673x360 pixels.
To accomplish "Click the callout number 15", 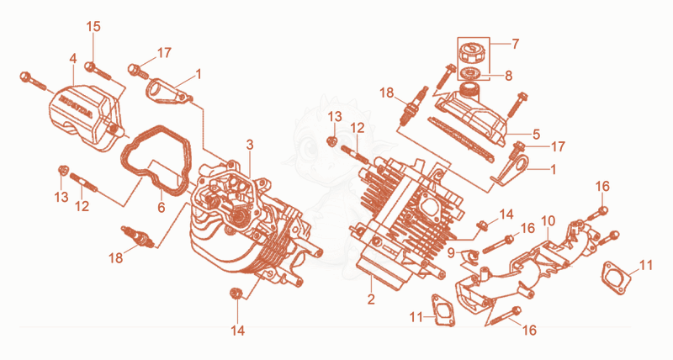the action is [x=93, y=27].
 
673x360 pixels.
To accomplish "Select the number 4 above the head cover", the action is [x=73, y=59].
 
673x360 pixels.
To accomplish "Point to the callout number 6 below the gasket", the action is [x=161, y=207].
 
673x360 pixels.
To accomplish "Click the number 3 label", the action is [x=250, y=145].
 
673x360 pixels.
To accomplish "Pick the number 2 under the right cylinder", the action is [x=371, y=299].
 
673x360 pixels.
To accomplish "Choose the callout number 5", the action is [x=536, y=134].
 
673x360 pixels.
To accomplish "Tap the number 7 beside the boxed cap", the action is [x=515, y=44].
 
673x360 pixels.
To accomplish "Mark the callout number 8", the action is [x=509, y=76].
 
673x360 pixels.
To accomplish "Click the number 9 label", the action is [x=451, y=253].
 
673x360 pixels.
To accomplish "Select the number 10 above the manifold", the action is [x=548, y=221].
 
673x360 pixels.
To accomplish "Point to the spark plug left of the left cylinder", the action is [x=137, y=236].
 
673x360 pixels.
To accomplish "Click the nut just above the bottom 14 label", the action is [x=235, y=293].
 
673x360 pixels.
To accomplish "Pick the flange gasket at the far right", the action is [x=616, y=278].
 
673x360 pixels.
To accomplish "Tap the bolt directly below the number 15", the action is [x=98, y=71].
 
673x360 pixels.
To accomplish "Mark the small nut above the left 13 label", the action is [x=61, y=170].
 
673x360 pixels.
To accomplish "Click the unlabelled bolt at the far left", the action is [x=33, y=82].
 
